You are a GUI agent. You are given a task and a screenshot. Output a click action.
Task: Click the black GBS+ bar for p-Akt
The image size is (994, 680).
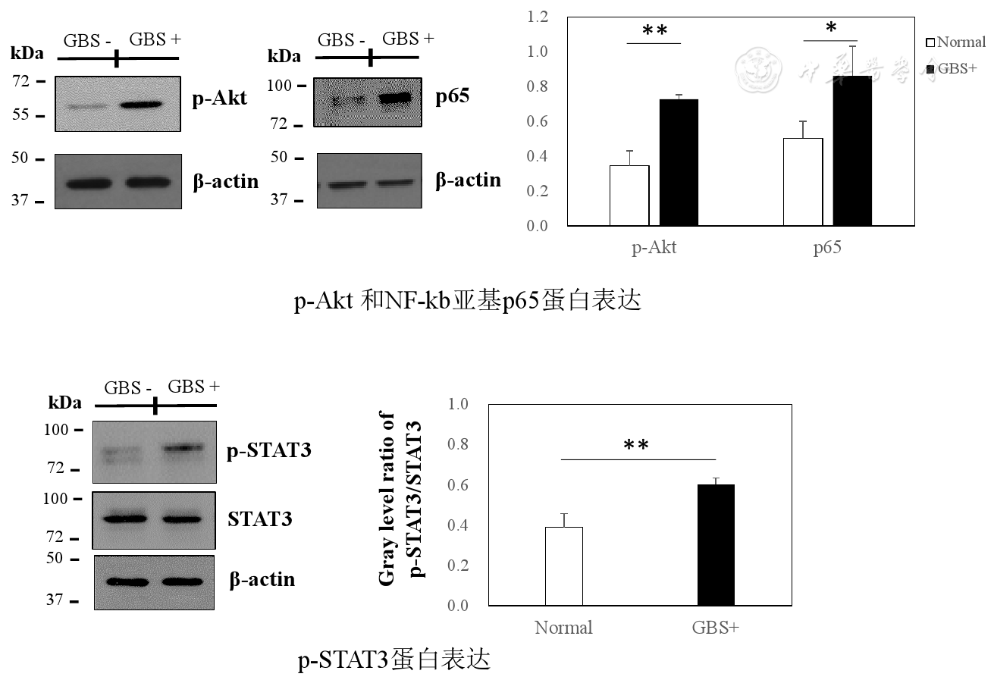click(679, 162)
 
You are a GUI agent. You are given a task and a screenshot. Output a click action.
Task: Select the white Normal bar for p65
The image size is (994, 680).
click(803, 182)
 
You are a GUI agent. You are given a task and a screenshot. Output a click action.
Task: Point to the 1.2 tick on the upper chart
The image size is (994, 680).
click(538, 17)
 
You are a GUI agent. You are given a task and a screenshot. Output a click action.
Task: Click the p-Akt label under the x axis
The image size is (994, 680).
click(654, 249)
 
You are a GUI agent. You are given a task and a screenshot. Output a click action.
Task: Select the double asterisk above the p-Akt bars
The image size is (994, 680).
click(654, 31)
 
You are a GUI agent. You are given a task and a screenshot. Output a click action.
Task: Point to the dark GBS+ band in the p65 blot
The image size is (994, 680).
click(394, 98)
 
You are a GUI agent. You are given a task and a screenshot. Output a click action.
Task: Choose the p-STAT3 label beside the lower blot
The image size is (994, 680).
click(269, 451)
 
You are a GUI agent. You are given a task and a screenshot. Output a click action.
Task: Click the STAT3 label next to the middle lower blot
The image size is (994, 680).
click(260, 519)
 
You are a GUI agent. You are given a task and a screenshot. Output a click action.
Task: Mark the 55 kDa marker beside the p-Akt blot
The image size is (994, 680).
click(23, 115)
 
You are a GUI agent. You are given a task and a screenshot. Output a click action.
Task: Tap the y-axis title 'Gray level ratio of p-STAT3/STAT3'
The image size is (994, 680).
click(399, 500)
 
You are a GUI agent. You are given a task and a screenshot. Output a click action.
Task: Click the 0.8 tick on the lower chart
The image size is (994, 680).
click(459, 443)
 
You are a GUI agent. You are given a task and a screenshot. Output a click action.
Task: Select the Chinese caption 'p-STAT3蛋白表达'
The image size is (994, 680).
click(394, 660)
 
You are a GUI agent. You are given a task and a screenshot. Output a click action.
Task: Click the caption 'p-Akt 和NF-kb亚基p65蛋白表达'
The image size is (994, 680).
click(468, 301)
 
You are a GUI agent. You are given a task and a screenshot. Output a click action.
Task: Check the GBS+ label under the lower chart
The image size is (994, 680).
click(715, 628)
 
